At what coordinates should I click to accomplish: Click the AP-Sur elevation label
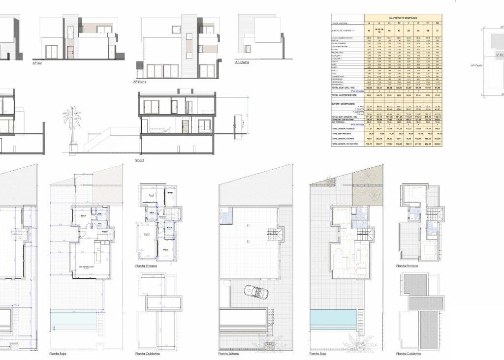tap(37, 63)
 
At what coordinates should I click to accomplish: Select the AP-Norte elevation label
tap(140, 82)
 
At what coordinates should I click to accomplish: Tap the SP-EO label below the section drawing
tap(140, 160)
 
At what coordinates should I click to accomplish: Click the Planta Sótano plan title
tap(229, 353)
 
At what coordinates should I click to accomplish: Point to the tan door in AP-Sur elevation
tap(70, 52)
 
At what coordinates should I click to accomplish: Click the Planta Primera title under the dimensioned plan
tap(146, 265)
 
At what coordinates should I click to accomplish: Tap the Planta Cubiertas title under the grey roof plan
tap(409, 353)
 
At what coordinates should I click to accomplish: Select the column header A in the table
tap(369, 23)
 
